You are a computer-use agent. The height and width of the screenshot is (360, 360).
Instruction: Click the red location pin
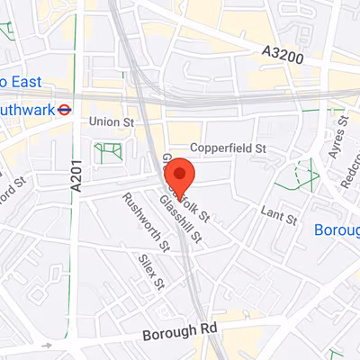tap(181, 173)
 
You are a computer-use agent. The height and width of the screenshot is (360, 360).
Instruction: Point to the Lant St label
tap(279, 217)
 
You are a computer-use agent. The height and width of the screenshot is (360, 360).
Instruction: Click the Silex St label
tap(151, 270)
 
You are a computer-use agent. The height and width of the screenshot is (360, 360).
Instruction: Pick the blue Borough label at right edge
tap(337, 230)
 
